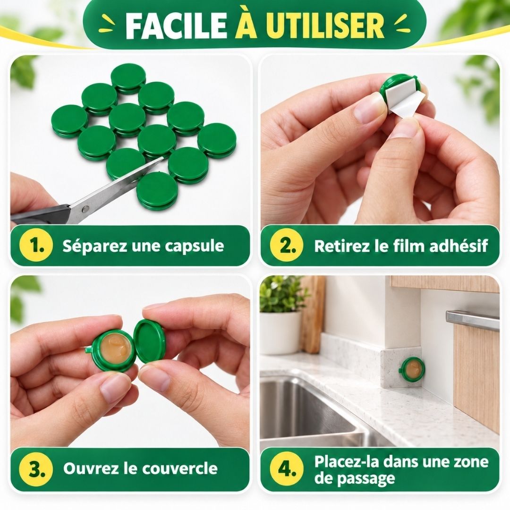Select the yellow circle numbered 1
coord(36,246)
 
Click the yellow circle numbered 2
coord(287,246)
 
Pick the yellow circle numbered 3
coord(36,469)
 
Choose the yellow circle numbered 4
coord(287,469)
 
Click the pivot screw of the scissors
coord(85,209)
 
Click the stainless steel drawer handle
coord(472,320)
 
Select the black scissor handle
coord(39,215)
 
